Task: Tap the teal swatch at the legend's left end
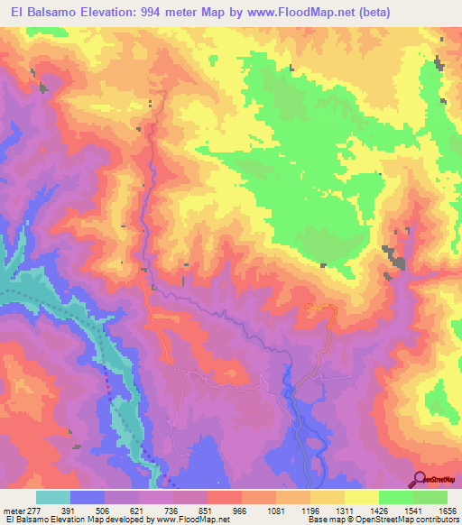pos(53,497)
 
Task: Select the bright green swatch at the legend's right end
pos(430,497)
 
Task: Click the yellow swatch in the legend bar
pos(361,497)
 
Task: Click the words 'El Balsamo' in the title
pos(39,14)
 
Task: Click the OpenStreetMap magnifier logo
pos(421,479)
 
